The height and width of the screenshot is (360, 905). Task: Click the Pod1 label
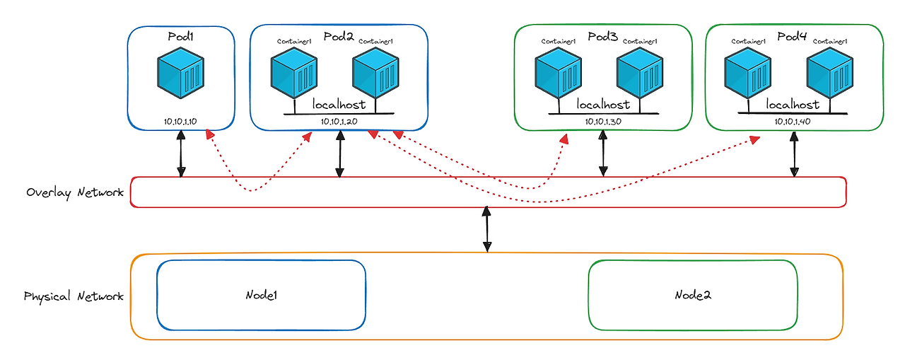[x=182, y=35]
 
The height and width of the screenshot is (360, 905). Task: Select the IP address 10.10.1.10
[x=180, y=122]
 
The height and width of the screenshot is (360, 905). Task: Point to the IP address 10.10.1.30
[x=603, y=122]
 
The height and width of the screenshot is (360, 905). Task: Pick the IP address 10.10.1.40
[x=795, y=122]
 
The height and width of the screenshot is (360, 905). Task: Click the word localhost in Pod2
[x=339, y=105]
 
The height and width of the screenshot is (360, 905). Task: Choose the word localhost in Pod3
[x=603, y=105]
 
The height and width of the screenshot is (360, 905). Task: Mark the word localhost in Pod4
[x=793, y=105]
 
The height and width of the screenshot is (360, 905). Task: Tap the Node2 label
[x=692, y=294]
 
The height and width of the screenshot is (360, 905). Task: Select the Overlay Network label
[x=75, y=192]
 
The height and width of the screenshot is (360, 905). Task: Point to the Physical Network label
[x=74, y=296]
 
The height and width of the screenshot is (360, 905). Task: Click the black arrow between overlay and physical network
[x=487, y=228]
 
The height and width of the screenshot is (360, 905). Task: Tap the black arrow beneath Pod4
[x=794, y=153]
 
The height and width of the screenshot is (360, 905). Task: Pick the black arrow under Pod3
[x=603, y=153]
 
